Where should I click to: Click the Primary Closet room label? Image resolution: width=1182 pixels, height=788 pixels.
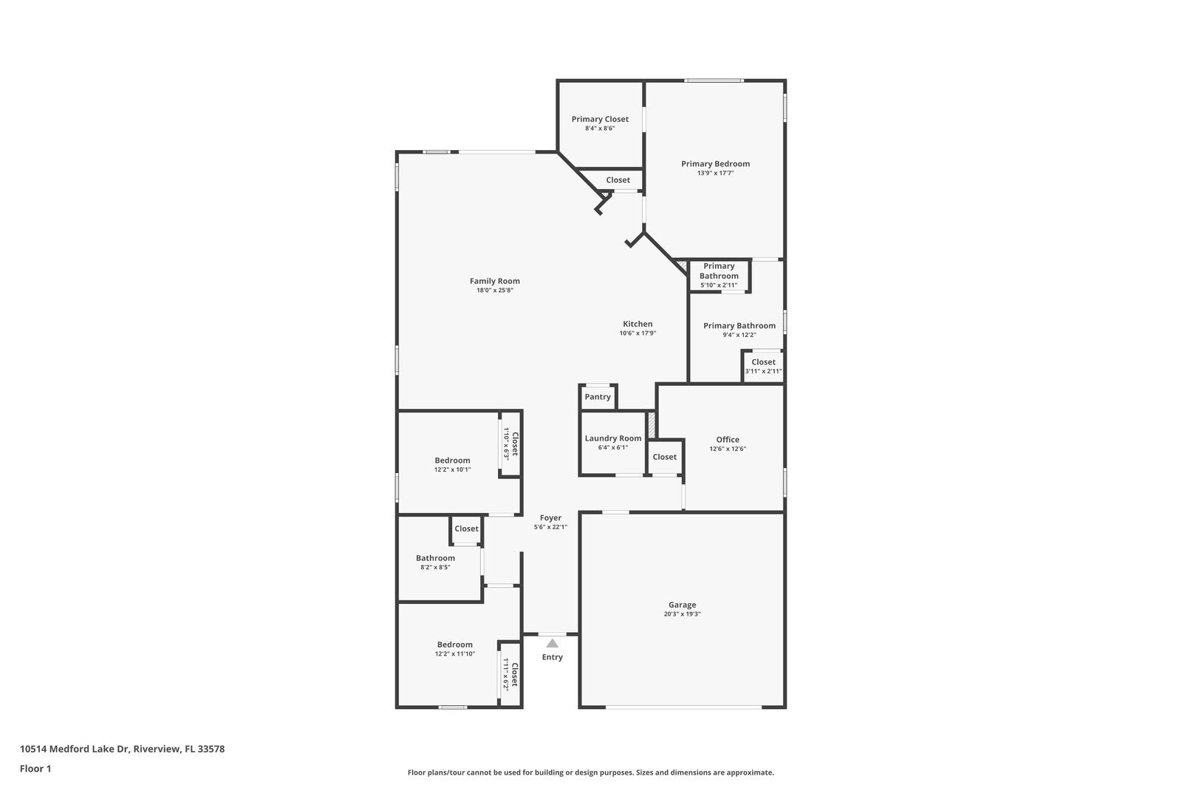(600, 119)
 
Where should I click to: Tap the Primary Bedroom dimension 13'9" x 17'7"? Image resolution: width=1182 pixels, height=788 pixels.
(715, 174)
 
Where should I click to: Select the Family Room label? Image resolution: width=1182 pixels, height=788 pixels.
(494, 281)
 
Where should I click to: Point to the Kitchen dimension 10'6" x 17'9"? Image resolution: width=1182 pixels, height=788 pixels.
(638, 333)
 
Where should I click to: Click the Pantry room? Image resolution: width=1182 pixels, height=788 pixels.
(598, 397)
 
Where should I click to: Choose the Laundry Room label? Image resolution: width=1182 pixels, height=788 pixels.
(613, 438)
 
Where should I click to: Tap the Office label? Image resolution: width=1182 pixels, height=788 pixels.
(728, 440)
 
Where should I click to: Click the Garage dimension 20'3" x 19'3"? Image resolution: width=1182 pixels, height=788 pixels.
(682, 614)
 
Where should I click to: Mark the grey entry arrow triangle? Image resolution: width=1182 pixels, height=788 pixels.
(552, 643)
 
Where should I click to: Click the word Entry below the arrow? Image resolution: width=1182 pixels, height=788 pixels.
(552, 657)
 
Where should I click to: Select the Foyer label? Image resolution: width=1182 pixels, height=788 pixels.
(550, 518)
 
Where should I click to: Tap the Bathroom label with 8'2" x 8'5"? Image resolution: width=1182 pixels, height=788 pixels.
(435, 558)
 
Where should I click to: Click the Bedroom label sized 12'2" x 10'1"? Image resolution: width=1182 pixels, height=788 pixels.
(452, 461)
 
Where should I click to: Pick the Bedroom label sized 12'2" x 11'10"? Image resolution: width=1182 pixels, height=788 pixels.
(454, 645)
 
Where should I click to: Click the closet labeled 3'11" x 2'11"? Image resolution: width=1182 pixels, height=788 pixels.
(763, 367)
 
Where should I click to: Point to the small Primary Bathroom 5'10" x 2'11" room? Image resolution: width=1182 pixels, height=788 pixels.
(719, 275)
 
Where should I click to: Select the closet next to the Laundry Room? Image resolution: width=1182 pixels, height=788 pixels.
(664, 457)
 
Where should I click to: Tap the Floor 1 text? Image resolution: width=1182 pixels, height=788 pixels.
(35, 769)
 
